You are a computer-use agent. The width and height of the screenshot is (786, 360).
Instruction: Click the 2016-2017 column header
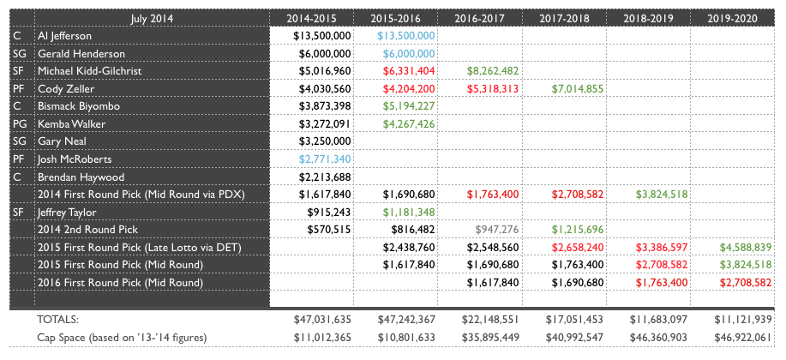pos(479,18)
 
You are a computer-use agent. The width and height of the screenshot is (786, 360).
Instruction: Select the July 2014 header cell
pos(149,18)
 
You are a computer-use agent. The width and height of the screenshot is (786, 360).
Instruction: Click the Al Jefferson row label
pos(65,36)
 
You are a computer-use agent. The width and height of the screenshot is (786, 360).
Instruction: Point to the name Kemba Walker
pos(70,123)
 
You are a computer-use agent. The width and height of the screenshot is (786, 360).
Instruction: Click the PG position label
pos(21,123)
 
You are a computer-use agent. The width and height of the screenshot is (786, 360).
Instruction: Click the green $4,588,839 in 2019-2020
pos(741,247)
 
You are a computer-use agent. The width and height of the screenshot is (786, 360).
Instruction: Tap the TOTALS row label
pos(57,318)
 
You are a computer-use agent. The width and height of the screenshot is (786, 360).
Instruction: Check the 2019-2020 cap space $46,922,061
pos(741,336)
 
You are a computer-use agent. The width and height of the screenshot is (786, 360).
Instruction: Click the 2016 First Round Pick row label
pos(119,281)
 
